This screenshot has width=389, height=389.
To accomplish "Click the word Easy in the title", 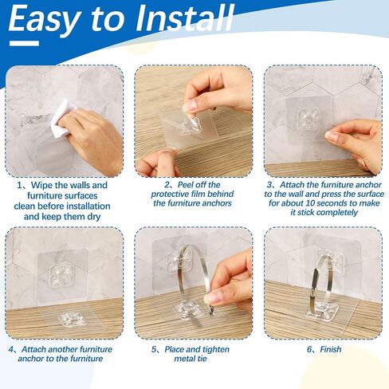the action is click(45, 20).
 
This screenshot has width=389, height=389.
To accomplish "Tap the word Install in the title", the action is click(185, 18).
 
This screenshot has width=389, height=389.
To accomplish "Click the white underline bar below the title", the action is click(24, 43).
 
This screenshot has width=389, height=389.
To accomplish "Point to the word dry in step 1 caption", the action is click(93, 217).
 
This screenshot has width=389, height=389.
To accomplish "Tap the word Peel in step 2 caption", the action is click(187, 185).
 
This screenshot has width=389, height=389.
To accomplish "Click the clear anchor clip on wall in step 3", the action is click(308, 120).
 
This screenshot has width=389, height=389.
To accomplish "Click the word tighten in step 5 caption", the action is click(215, 349).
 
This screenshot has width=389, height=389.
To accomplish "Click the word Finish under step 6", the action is click(331, 349).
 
